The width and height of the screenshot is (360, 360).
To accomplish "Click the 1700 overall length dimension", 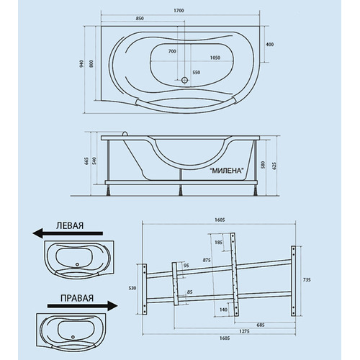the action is (x=179, y=11).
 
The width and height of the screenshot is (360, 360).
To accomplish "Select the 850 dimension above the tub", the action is (x=140, y=19).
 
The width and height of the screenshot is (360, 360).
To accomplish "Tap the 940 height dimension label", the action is (x=81, y=63).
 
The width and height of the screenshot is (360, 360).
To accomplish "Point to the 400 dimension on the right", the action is (x=270, y=45).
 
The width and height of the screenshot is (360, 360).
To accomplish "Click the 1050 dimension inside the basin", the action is (x=215, y=58).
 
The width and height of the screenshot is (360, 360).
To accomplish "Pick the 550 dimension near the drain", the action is (x=196, y=72).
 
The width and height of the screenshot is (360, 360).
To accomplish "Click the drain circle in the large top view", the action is (x=184, y=80).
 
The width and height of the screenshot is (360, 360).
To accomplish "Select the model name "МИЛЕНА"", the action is (x=227, y=171).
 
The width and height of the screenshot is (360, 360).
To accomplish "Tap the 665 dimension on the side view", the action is (x=86, y=161).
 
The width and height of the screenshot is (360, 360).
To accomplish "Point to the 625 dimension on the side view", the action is (x=274, y=166).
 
